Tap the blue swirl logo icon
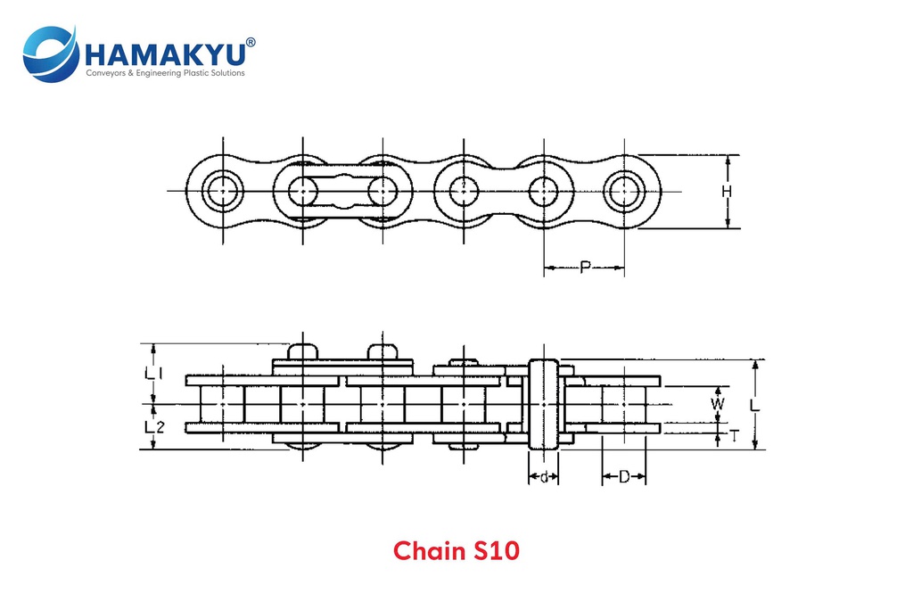(50, 54)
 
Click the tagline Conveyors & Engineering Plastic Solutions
(164, 73)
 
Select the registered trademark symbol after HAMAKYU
(251, 42)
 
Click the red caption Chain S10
(456, 550)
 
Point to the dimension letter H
(727, 192)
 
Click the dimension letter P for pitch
(585, 267)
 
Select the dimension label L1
(154, 374)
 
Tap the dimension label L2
(154, 426)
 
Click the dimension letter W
(718, 404)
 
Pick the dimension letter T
(733, 435)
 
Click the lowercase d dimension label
(543, 477)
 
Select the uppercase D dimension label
(624, 477)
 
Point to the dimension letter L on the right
(755, 405)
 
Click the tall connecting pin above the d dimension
(543, 405)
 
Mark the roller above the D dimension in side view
(624, 405)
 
